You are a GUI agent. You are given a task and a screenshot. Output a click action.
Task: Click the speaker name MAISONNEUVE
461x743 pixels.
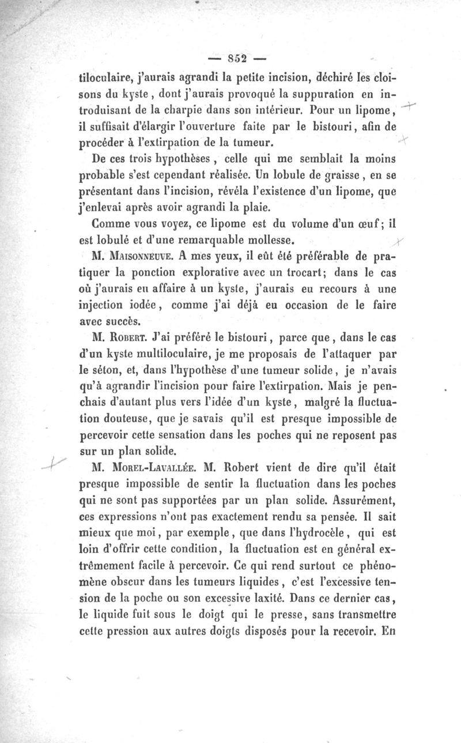(144, 253)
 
